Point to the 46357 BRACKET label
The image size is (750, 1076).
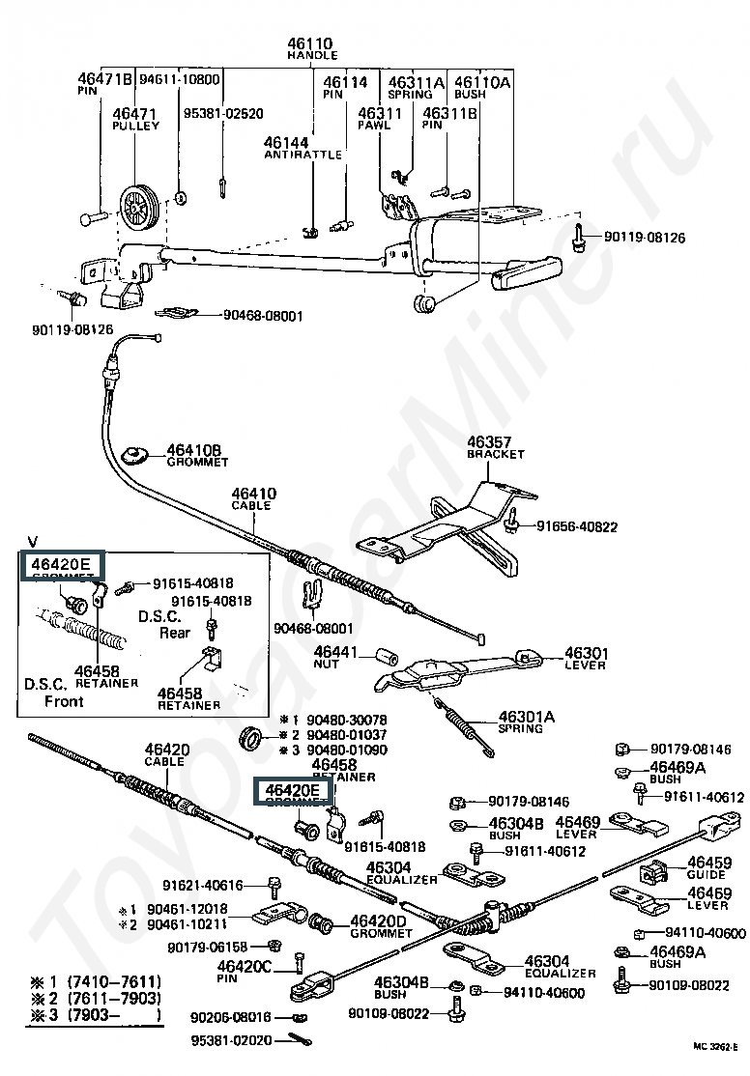pyautogui.click(x=494, y=446)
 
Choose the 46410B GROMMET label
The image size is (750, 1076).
pyautogui.click(x=193, y=455)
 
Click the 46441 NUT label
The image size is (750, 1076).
pyautogui.click(x=335, y=658)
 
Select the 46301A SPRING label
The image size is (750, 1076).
pyautogui.click(x=527, y=722)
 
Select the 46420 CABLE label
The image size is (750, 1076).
pyautogui.click(x=166, y=754)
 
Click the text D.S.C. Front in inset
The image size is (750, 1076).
pyautogui.click(x=55, y=693)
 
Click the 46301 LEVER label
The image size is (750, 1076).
pyautogui.click(x=585, y=658)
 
